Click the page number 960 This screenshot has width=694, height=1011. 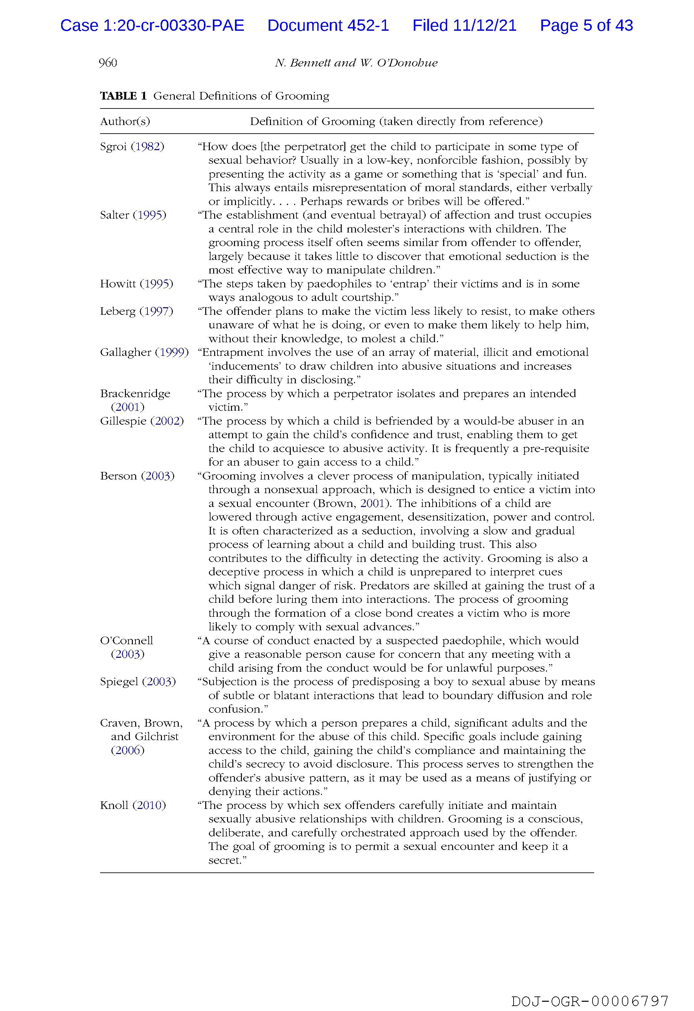[108, 63]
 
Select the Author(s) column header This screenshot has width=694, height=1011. [125, 121]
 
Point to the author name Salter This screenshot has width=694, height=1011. [114, 215]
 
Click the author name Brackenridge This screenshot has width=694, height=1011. [135, 393]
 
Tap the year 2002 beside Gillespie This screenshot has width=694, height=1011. [167, 421]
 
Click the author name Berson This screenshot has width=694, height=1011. [118, 476]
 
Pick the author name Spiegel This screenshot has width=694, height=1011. [119, 682]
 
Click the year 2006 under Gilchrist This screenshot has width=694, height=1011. [128, 750]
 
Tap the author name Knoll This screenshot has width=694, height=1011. [114, 805]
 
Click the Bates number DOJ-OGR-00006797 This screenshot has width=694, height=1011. [590, 1000]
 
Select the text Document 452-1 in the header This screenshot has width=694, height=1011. [328, 26]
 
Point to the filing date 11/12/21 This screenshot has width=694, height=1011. [484, 26]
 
